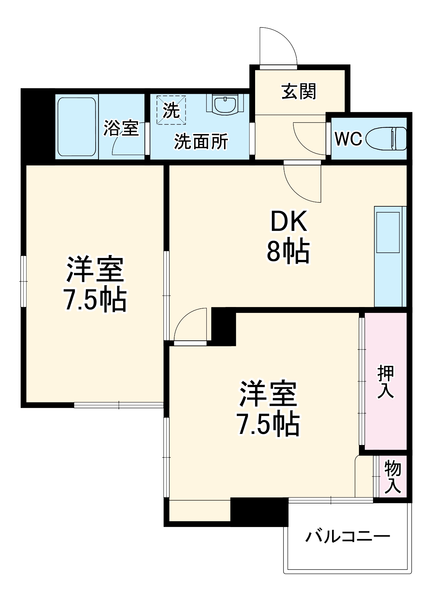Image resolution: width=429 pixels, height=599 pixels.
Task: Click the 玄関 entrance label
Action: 299,92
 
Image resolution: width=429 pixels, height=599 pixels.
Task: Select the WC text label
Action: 348,139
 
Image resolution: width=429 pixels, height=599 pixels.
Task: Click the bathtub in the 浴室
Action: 77,127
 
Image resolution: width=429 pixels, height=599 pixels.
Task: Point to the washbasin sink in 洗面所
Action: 225,104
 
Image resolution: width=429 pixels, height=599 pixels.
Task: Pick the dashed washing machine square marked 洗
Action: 171,110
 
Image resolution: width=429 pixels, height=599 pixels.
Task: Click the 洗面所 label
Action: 201,142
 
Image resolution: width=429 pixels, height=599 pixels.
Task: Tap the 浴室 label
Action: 121,128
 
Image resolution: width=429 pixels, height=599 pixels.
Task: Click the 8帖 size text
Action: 288,251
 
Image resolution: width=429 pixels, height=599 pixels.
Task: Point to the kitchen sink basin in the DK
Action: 388,232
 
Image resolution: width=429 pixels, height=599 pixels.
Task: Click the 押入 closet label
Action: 385,381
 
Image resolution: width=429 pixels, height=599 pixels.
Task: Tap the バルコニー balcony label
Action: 348,537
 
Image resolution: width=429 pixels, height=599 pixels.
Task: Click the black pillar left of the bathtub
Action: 38,126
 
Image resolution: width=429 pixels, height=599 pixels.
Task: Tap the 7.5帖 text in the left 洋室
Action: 95,299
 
